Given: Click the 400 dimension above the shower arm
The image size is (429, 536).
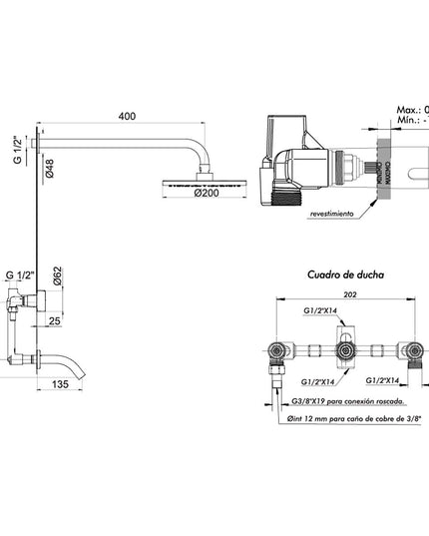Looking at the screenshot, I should [126, 117].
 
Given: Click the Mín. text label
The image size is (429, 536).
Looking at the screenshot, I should [408, 121].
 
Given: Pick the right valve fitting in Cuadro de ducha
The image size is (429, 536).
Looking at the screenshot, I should [412, 351].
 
